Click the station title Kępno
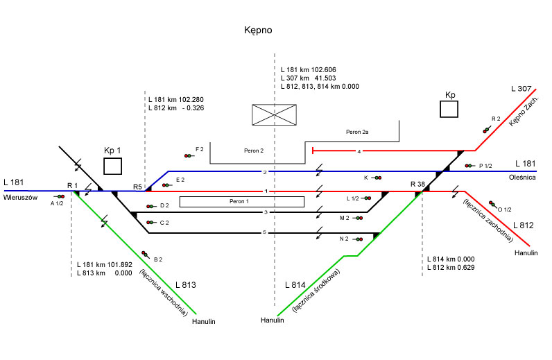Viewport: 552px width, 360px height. pos(258,31)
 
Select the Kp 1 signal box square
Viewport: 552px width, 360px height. pos(112,166)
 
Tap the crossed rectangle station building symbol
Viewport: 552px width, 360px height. pos(274,115)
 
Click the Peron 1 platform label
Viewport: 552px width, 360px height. pos(241,202)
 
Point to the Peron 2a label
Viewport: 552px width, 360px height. pos(359,131)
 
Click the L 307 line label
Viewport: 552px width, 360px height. pos(520,89)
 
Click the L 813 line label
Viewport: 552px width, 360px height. pos(186,285)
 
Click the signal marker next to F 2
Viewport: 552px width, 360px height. pos(188,155)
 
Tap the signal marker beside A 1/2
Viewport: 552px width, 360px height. pos(60,197)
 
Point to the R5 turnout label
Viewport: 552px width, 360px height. pos(137,187)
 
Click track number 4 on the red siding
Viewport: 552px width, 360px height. pos(359,151)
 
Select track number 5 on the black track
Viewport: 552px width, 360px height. pos(265,232)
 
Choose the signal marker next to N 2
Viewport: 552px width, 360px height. pos(359,239)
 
